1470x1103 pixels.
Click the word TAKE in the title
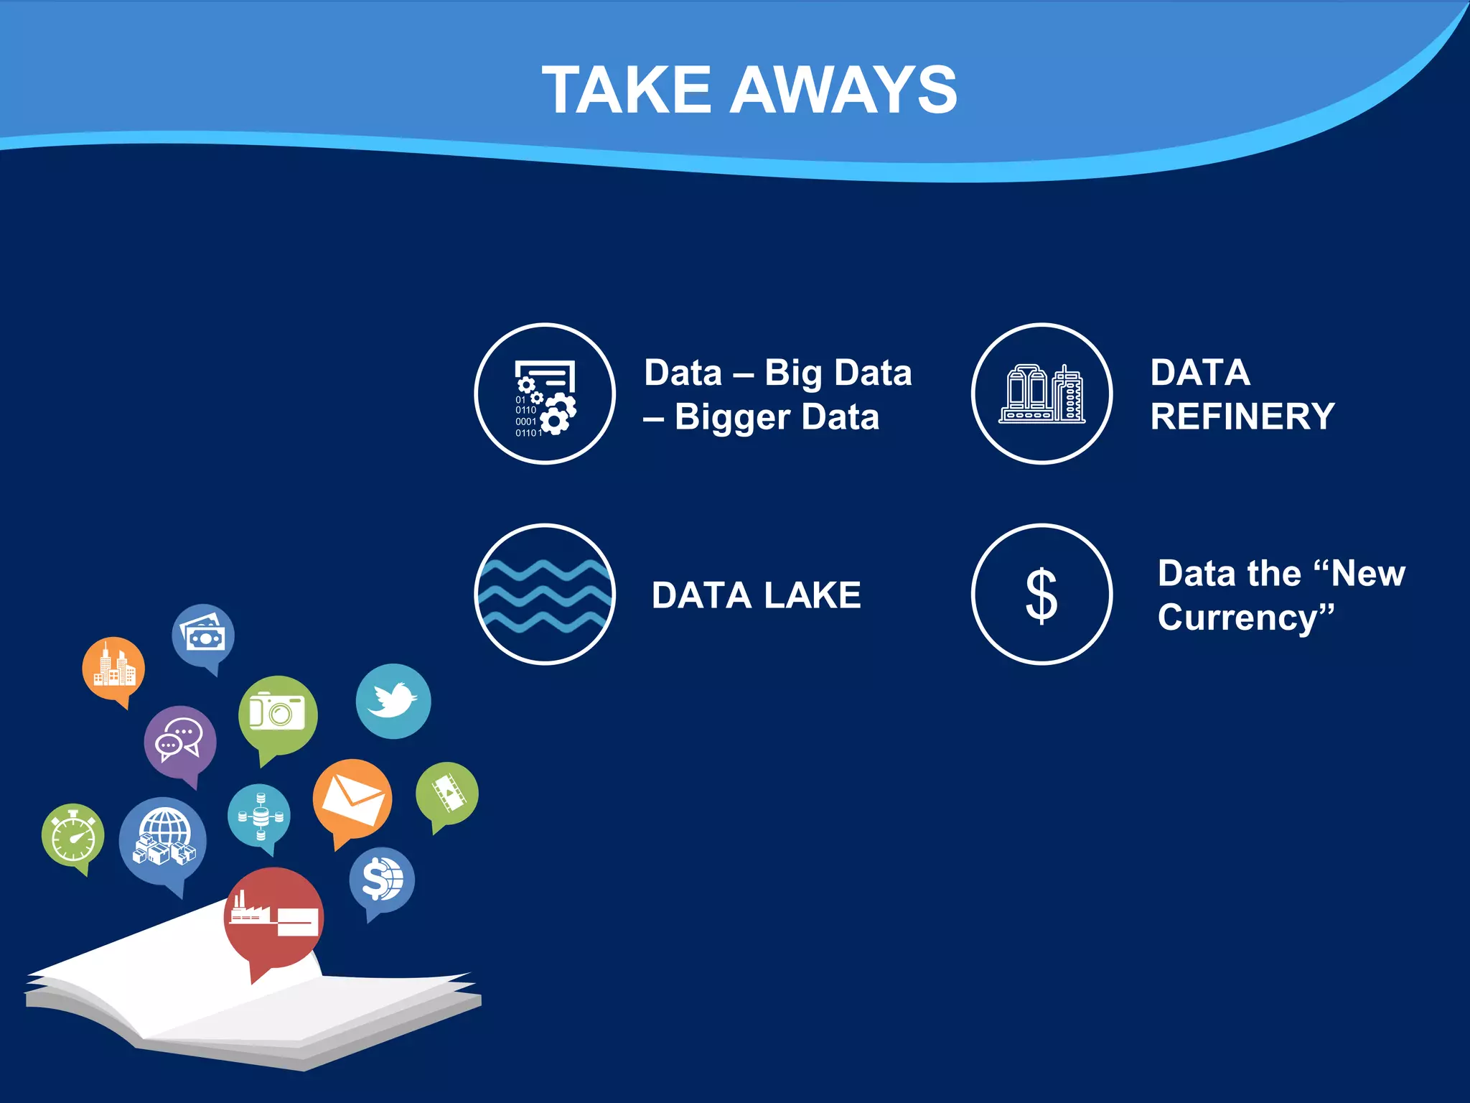pyautogui.click(x=626, y=90)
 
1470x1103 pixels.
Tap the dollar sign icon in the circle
pyautogui.click(x=1041, y=595)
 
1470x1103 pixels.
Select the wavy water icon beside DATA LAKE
pyautogui.click(x=545, y=595)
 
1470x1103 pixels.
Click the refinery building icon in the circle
pyautogui.click(x=1041, y=394)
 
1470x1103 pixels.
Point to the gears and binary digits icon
pyautogui.click(x=545, y=394)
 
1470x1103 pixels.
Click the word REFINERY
pyautogui.click(x=1242, y=416)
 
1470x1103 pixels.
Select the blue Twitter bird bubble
pyautogui.click(x=393, y=701)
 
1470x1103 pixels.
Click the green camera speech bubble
pyautogui.click(x=278, y=714)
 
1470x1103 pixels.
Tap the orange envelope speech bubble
pyautogui.click(x=352, y=799)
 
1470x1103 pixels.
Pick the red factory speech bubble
pyautogui.click(x=273, y=918)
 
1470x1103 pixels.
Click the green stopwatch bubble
pyautogui.click(x=72, y=835)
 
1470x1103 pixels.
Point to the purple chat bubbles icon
pyautogui.click(x=179, y=741)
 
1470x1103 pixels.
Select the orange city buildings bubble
pyautogui.click(x=113, y=668)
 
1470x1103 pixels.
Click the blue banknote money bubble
pyautogui.click(x=203, y=635)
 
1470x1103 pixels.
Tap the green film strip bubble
pyautogui.click(x=447, y=793)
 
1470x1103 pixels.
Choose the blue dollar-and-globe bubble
pyautogui.click(x=382, y=880)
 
